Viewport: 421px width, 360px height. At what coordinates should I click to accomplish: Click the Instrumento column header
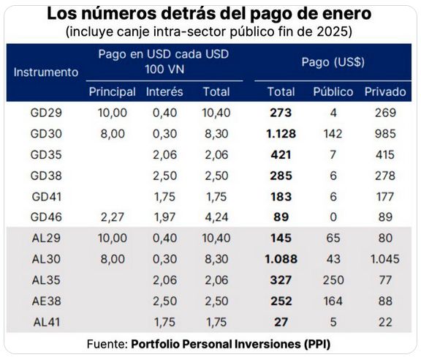coord(45,72)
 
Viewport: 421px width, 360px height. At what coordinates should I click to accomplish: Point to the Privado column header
coord(384,91)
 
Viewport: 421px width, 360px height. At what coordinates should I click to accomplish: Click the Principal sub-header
coord(112,91)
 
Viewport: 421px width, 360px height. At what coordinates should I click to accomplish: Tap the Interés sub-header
coord(164,91)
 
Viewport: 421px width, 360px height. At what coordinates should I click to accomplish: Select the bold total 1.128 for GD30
coord(278,134)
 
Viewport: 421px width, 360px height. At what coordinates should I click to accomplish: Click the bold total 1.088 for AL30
coord(278,259)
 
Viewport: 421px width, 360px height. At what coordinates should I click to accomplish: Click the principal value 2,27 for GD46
coord(112,217)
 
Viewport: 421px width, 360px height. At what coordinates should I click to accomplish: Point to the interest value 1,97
coord(164,217)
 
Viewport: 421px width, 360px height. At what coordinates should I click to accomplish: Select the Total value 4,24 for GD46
coord(216,217)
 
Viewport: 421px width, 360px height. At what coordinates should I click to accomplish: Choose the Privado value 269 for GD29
coord(384,113)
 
